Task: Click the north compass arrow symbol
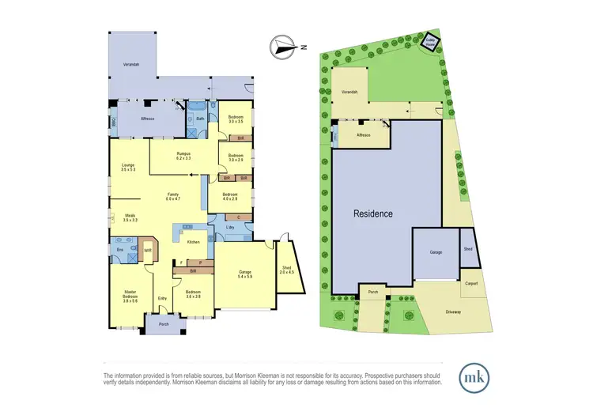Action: click(282, 47)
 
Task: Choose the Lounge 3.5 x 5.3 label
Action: click(129, 167)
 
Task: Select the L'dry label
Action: click(231, 228)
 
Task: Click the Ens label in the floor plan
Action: click(119, 249)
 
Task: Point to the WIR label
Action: click(147, 251)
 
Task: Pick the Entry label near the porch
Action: click(162, 298)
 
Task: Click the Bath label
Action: click(201, 119)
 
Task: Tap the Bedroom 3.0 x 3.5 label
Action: click(235, 119)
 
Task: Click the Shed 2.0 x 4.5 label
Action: click(285, 273)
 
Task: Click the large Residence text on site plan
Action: click(371, 213)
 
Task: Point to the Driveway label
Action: click(452, 311)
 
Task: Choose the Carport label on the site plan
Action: click(471, 284)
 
